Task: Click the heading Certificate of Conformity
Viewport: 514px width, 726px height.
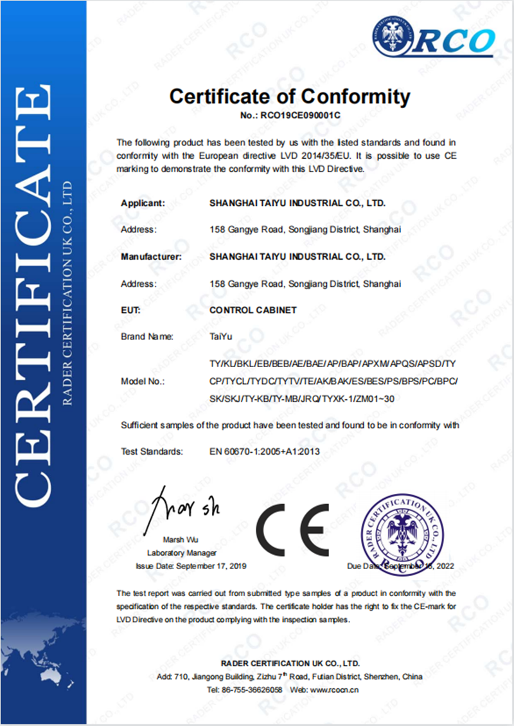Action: (x=289, y=96)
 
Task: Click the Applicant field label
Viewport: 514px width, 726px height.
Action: (x=143, y=203)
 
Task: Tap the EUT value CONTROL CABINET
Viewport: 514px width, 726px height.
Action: (x=253, y=310)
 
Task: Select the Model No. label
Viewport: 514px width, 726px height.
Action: (x=143, y=382)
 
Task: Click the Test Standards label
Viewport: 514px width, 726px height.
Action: (x=152, y=451)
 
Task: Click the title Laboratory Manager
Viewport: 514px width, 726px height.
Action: (x=182, y=553)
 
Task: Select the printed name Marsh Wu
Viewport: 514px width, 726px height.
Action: (x=182, y=540)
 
